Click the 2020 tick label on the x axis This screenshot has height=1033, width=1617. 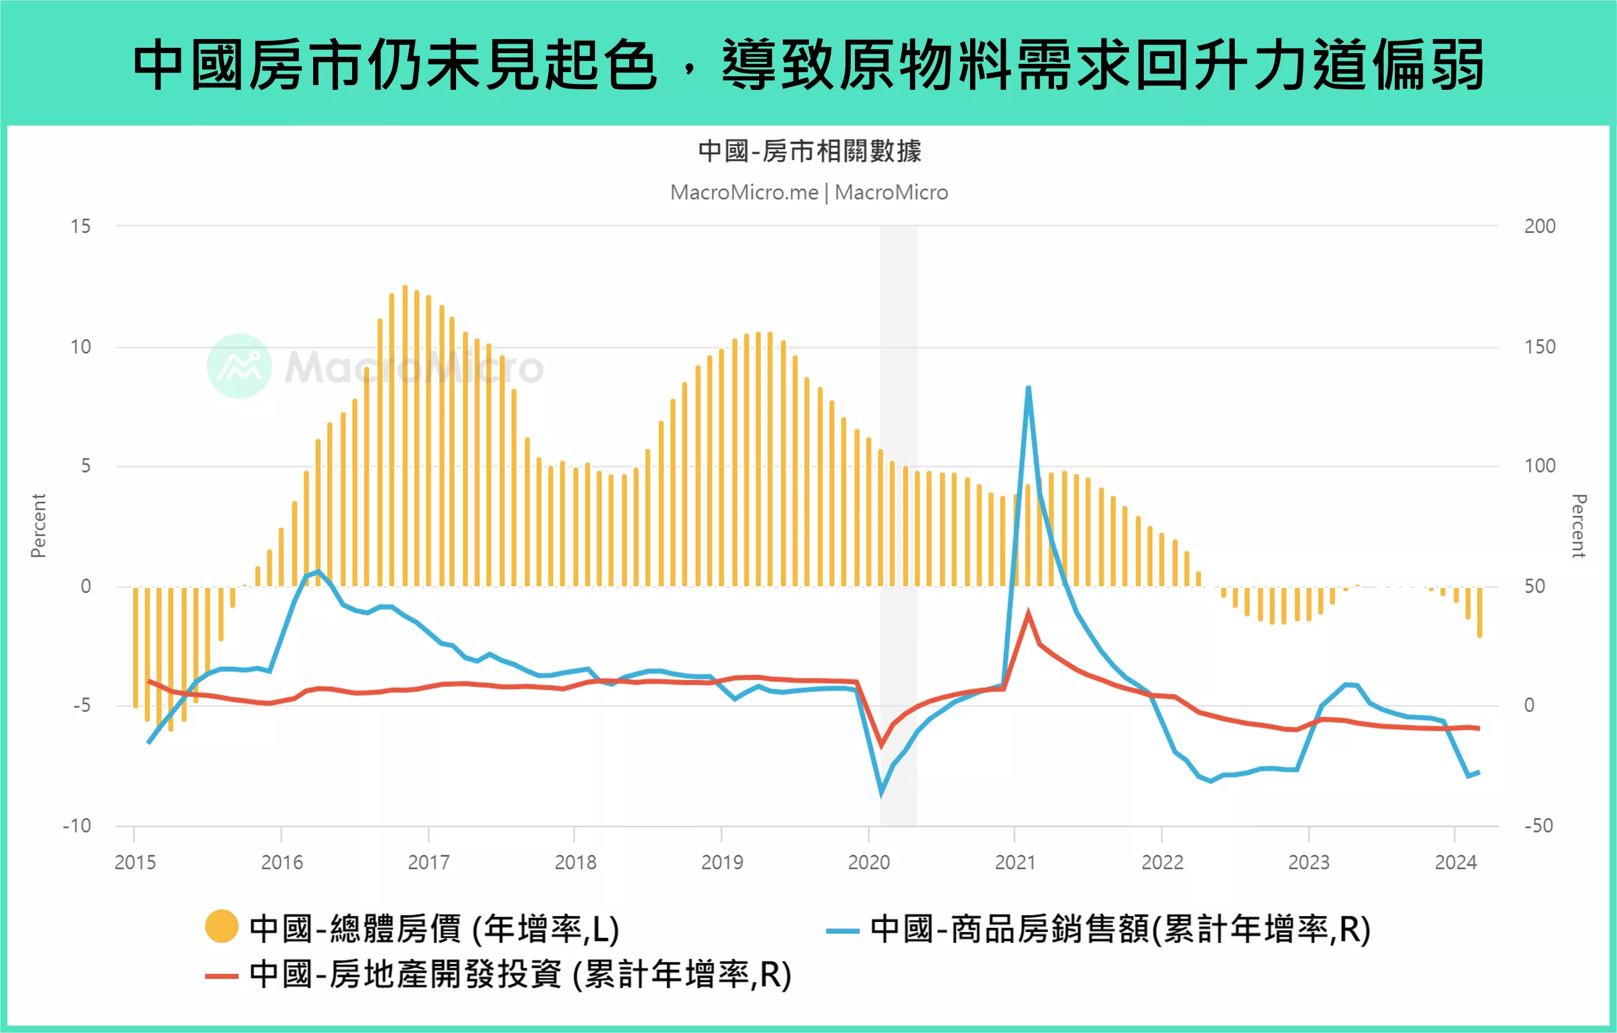[868, 862]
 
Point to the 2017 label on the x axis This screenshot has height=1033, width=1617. [428, 862]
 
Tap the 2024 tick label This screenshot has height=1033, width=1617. [1455, 862]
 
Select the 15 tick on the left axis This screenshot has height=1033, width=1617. [80, 226]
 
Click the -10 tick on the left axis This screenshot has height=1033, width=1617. [77, 826]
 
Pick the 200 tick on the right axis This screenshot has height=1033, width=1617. [1539, 226]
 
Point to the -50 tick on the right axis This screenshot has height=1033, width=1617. [1538, 826]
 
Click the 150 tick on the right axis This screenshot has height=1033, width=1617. [1539, 347]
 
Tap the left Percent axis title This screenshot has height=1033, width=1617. [38, 526]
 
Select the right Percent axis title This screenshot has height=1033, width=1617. [1579, 526]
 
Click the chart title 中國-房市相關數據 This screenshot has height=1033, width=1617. [809, 151]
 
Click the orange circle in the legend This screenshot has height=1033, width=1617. [222, 927]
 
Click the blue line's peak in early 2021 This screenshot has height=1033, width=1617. [1028, 388]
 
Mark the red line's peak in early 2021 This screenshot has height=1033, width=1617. [1028, 613]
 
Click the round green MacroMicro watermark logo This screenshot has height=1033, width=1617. [239, 366]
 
